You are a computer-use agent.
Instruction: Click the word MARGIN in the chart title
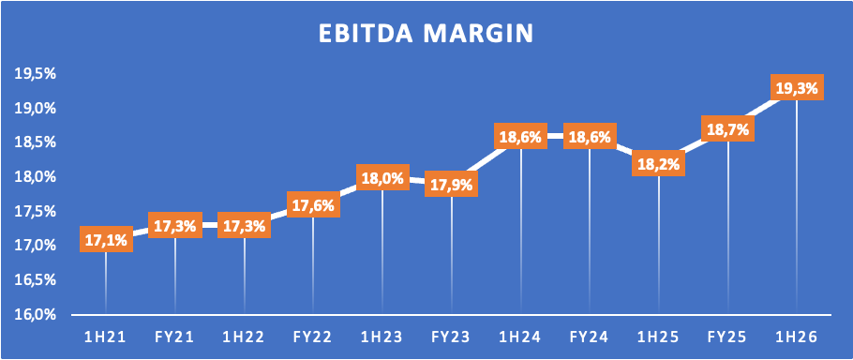(x=479, y=33)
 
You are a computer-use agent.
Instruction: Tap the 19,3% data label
(x=797, y=87)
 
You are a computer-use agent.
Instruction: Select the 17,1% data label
(x=106, y=239)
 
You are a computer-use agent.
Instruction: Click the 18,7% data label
(x=728, y=128)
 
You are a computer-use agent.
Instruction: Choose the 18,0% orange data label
(x=382, y=177)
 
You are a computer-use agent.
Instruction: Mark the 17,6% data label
(x=313, y=204)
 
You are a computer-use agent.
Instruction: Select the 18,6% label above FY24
(x=590, y=136)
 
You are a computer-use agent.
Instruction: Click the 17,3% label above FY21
(x=175, y=225)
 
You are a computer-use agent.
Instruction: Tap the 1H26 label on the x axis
(x=797, y=337)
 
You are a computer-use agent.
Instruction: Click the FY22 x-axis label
(x=313, y=337)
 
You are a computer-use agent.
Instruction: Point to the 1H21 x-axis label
(x=106, y=337)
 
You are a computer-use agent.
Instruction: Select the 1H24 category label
(x=520, y=337)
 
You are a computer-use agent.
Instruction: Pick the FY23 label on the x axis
(x=451, y=337)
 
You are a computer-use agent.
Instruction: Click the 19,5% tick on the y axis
(x=36, y=74)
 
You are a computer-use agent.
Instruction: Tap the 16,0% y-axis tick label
(x=36, y=315)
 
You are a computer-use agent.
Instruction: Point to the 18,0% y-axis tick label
(x=36, y=177)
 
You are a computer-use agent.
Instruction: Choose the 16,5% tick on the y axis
(x=36, y=280)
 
